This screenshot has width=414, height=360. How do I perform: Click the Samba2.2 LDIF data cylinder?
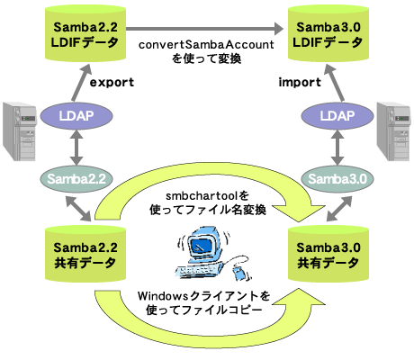pyautogui.click(x=85, y=33)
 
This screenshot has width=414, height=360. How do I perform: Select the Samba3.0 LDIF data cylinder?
pyautogui.click(x=328, y=33)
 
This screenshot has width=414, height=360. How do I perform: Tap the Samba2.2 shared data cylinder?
pyautogui.click(x=85, y=254)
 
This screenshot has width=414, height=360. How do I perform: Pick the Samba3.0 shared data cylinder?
pyautogui.click(x=328, y=254)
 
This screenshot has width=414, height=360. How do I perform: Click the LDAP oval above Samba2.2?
pyautogui.click(x=76, y=116)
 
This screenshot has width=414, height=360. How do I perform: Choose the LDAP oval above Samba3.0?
pyautogui.click(x=337, y=116)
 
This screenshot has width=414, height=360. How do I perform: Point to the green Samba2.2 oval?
pyautogui.click(x=76, y=179)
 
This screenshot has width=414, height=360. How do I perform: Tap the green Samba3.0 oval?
pyautogui.click(x=337, y=179)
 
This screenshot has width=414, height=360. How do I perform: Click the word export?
pyautogui.click(x=112, y=82)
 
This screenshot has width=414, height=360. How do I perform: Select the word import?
pyautogui.click(x=300, y=82)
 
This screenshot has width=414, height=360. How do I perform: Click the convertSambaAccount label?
pyautogui.click(x=206, y=45)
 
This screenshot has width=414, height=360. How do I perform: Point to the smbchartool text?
pyautogui.click(x=202, y=196)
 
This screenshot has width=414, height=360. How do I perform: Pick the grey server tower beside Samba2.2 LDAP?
pyautogui.click(x=20, y=131)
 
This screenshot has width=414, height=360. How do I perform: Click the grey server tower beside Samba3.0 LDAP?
pyautogui.click(x=393, y=131)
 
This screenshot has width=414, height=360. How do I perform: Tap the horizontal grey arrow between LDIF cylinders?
pyautogui.click(x=204, y=29)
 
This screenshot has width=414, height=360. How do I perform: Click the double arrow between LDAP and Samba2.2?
pyautogui.click(x=76, y=148)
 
